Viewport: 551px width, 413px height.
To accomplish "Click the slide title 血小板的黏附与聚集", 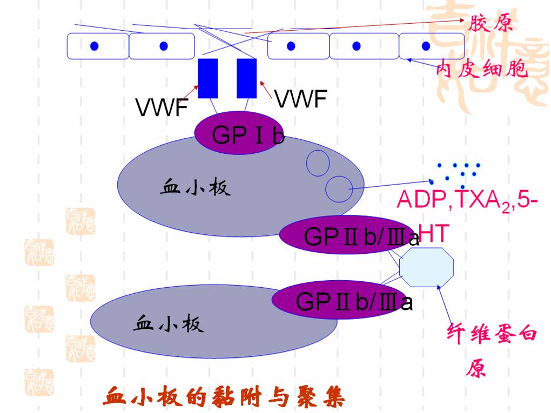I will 224,397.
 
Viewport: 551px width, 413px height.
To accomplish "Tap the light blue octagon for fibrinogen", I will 426,267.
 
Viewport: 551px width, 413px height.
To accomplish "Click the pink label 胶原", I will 490,23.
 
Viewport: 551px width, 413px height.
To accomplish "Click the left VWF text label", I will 161,108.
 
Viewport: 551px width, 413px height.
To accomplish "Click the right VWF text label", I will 300,99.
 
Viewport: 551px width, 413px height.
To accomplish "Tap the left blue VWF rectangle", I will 208,78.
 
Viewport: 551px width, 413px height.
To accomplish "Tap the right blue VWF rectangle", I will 246,78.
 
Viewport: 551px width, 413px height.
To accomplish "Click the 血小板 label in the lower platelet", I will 168,324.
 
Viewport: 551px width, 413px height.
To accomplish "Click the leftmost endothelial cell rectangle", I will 98,46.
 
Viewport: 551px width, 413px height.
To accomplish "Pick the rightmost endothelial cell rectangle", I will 431,46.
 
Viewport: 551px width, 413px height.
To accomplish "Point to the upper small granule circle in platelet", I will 318,162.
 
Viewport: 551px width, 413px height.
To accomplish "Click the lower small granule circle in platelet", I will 339,188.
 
